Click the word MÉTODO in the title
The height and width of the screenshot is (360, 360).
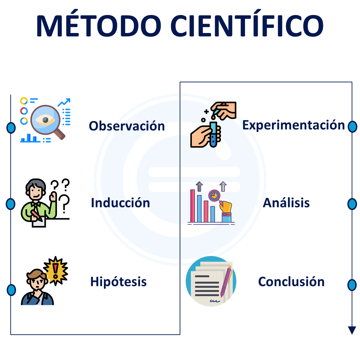coord(99,24)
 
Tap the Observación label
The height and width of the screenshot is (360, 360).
coord(127,126)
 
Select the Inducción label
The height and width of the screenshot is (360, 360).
coord(120,203)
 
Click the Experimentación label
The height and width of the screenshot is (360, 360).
coord(294,125)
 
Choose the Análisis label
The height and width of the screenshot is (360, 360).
coord(286,203)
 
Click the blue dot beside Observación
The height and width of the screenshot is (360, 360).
coord(11,128)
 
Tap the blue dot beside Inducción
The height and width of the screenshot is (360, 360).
coord(11,204)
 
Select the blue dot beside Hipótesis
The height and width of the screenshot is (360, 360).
coord(11,290)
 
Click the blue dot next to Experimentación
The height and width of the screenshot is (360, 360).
coord(352,127)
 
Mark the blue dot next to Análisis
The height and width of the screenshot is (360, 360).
coord(352,204)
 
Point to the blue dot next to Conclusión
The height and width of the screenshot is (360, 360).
coord(352,285)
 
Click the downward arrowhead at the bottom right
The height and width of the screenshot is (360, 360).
coord(352,330)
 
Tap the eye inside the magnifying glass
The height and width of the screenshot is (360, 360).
coord(45,120)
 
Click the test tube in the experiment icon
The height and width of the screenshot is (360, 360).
coord(213,135)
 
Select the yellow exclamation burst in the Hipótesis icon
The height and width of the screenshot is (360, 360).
coord(56,270)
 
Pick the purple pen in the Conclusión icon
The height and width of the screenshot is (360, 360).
coord(226,281)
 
